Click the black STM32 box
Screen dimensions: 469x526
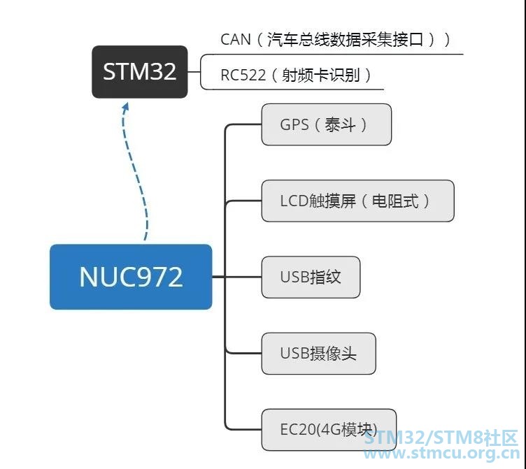[140, 72]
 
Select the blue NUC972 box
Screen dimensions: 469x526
[131, 277]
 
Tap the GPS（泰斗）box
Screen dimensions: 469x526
[326, 125]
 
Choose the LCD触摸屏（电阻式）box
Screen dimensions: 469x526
[357, 201]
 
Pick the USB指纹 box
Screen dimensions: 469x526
[311, 277]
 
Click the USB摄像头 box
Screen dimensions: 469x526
[318, 354]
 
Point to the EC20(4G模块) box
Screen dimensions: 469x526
[329, 430]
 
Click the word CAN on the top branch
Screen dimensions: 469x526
[236, 39]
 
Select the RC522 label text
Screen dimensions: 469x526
[243, 75]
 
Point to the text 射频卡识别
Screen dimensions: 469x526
[321, 75]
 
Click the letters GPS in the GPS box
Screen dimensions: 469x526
[294, 125]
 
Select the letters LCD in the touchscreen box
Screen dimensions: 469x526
[294, 201]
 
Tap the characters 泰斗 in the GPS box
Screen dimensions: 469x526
[340, 125]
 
